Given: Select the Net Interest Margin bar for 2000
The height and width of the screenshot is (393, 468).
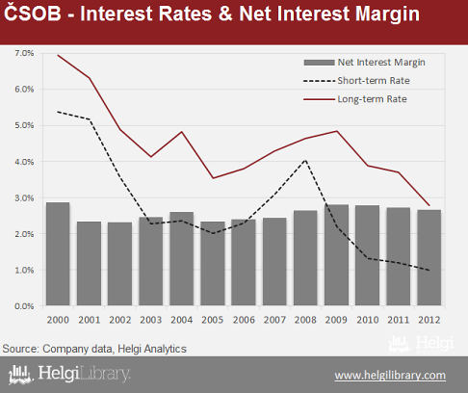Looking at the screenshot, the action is pos(58,253).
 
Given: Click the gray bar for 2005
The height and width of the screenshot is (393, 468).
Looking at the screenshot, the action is pos(213,263).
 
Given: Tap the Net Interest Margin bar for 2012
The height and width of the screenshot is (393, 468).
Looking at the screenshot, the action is pos(429,257).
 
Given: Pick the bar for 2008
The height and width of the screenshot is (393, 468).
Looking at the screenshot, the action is pos(305,258).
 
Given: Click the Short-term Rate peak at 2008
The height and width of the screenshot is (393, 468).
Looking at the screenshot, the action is pos(305,160).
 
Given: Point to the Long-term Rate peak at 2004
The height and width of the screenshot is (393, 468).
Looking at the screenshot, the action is pos(182,132).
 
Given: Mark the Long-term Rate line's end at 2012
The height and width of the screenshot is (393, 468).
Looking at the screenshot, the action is pos(429,205).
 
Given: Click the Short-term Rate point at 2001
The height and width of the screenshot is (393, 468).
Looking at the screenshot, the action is pos(90,119).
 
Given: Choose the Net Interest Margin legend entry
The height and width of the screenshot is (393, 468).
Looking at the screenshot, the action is pos(364,63).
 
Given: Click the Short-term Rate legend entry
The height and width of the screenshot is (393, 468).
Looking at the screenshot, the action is pos(356,81).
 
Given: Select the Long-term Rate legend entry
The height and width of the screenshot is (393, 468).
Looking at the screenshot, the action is pos(355,99).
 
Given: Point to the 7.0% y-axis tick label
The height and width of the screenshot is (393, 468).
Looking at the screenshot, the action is pos(24,53).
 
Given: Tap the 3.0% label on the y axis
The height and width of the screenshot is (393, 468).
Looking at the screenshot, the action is pos(24,197).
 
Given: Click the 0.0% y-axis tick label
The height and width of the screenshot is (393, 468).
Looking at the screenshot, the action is pos(24,306).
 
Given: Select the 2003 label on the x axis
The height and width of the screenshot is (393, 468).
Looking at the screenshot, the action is pos(151,320).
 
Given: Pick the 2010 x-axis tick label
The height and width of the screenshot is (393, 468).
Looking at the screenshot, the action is pos(368,320).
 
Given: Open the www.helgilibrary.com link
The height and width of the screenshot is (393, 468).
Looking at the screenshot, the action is pos(390,376).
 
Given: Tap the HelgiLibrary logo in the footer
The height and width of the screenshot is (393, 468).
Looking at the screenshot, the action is pos(69,375).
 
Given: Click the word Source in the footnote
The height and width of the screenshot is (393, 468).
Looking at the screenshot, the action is pos(20,349).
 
